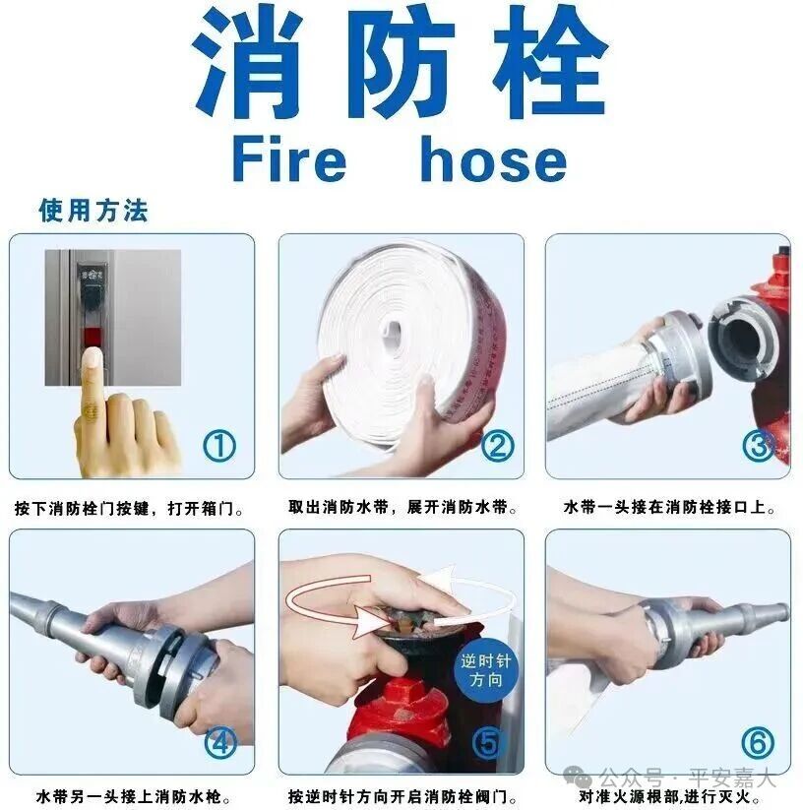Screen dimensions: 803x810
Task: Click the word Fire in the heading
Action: click(x=289, y=158)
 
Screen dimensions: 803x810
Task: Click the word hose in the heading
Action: click(x=494, y=158)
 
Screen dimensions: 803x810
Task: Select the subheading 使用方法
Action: click(x=93, y=211)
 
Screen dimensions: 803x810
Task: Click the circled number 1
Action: click(x=219, y=446)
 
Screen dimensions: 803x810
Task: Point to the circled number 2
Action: click(x=497, y=446)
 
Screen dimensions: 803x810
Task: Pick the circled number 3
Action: click(x=759, y=446)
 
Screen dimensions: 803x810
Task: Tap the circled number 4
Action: click(x=220, y=743)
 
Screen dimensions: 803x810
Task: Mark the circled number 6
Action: click(x=758, y=743)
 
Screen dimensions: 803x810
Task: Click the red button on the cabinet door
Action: click(x=93, y=338)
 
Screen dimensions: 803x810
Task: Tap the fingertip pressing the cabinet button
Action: click(x=93, y=357)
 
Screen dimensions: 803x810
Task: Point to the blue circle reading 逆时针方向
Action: click(x=485, y=670)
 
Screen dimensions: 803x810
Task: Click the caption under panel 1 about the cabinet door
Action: click(x=129, y=509)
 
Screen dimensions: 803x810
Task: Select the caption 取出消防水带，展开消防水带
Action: click(x=402, y=507)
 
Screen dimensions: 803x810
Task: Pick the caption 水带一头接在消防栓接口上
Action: click(x=670, y=507)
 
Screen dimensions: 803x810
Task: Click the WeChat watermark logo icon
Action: click(x=578, y=777)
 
